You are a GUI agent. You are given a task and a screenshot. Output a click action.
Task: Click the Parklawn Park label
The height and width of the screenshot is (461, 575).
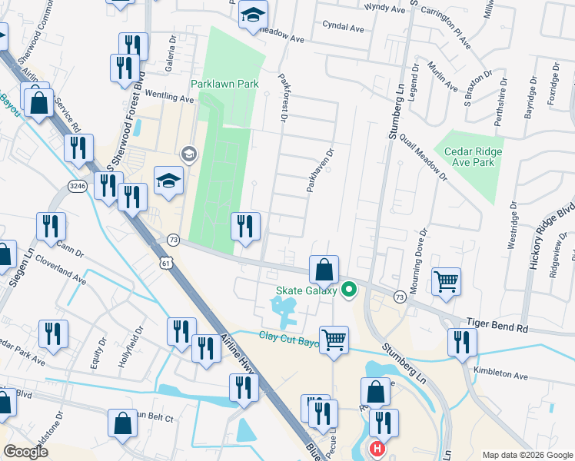tap(224, 83)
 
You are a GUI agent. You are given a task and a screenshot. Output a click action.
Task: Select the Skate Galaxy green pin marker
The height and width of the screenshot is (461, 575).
tap(349, 290)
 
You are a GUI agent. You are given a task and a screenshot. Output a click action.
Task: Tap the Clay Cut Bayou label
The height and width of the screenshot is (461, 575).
tap(289, 336)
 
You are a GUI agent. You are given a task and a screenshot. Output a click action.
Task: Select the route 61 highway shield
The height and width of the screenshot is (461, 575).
tap(167, 264)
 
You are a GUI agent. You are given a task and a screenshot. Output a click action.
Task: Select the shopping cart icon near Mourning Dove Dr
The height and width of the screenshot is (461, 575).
tap(447, 281)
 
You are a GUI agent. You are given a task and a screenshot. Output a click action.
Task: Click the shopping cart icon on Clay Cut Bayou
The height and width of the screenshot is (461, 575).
tap(334, 339)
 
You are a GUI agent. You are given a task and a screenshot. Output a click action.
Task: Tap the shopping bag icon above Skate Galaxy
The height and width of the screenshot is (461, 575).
tap(324, 269)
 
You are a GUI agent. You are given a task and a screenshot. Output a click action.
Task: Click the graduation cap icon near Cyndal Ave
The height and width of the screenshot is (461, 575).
tap(253, 14)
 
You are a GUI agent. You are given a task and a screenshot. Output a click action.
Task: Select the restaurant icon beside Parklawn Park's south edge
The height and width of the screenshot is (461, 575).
tap(246, 226)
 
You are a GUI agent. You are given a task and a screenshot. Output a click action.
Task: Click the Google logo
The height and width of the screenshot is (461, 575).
tap(26, 452)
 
